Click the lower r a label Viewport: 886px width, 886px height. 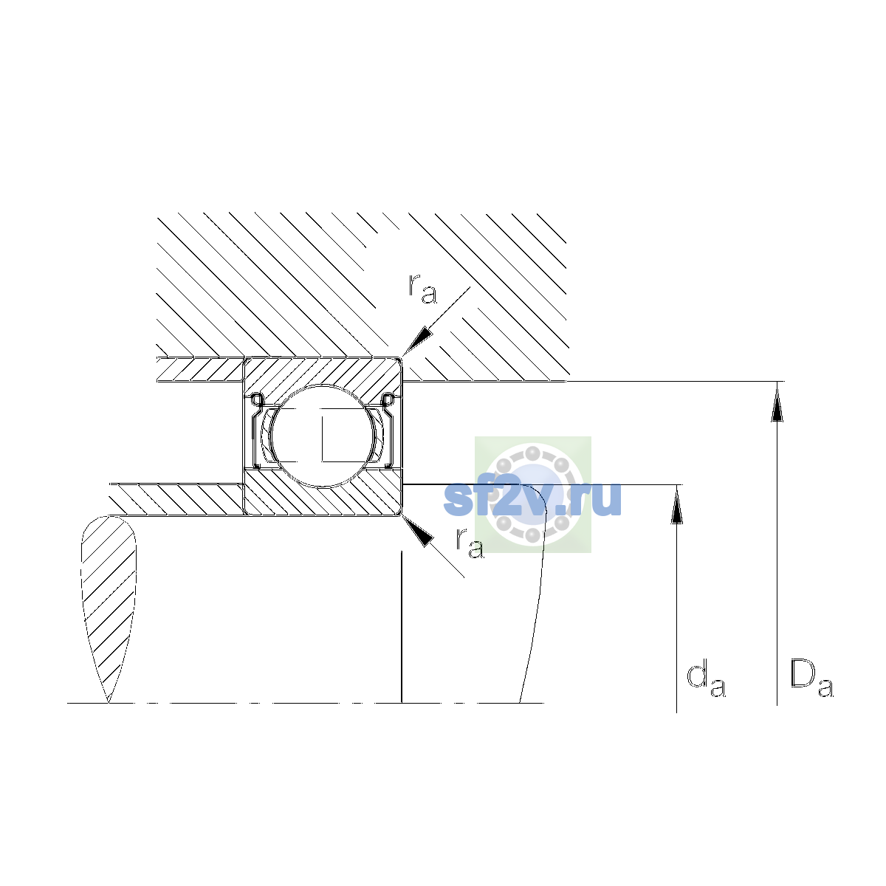pos(470,543)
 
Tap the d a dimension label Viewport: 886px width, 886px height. pos(706,680)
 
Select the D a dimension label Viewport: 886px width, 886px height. pos(811,679)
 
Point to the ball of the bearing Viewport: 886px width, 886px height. pos(323,436)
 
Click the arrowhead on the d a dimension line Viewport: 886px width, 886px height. pos(676,504)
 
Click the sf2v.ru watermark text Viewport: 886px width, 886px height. pos(532,498)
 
